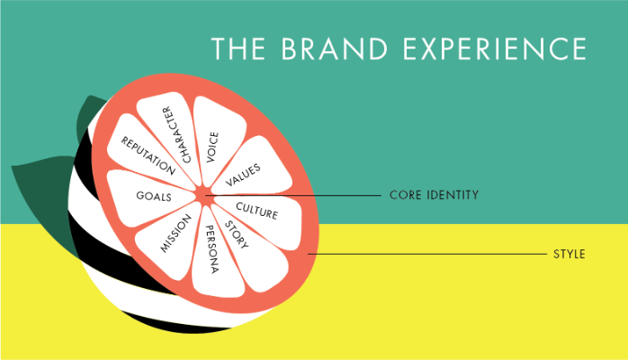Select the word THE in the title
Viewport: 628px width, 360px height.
(x=238, y=49)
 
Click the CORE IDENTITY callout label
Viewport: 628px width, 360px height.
(x=433, y=194)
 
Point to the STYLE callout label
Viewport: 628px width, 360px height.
(x=570, y=255)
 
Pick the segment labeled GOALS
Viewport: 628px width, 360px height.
(x=148, y=195)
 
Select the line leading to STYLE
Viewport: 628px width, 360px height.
(x=423, y=255)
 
